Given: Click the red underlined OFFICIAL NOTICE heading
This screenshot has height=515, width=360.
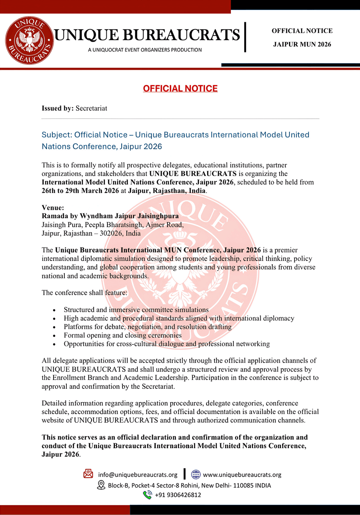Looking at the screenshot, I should (180, 88).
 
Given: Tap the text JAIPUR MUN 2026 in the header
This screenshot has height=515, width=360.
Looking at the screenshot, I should (302, 44).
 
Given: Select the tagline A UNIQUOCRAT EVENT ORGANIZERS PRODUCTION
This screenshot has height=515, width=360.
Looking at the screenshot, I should (145, 50).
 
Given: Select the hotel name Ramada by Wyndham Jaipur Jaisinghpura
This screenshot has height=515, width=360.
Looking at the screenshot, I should (110, 216).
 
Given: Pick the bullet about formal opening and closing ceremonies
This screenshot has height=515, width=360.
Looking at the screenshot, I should (122, 335).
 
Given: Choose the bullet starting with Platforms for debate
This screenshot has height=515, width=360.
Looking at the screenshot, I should (148, 327).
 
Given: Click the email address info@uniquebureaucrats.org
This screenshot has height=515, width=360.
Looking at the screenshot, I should (138, 475).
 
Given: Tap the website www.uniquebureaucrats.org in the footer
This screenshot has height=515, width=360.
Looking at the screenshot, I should (242, 475).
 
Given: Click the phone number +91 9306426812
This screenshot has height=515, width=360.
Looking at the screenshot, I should (178, 495).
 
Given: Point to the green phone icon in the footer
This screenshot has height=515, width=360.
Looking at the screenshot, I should (147, 495).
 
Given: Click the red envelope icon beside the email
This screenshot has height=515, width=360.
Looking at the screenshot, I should (88, 474).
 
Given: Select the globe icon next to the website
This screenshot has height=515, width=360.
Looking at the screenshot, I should (196, 474).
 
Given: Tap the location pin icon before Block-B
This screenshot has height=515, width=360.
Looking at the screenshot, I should (101, 485).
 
